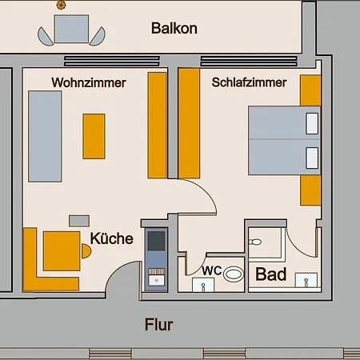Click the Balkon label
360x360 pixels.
[x=174, y=28]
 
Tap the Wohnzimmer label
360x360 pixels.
[x=89, y=82]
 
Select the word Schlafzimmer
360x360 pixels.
[x=249, y=82]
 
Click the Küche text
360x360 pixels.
[x=111, y=238]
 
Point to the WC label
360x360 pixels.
[x=212, y=270]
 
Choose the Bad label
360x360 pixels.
[x=271, y=274]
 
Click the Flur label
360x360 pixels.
[x=159, y=325]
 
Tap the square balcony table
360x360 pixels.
[x=71, y=29]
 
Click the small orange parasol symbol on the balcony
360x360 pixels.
[x=61, y=5]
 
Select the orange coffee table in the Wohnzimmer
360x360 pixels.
[x=94, y=136]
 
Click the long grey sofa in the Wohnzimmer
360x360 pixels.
[x=45, y=136]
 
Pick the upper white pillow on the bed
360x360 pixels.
[x=312, y=123]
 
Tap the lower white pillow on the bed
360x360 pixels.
[x=312, y=158]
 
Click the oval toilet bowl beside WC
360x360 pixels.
[x=234, y=274]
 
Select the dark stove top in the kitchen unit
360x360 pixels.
[x=156, y=241]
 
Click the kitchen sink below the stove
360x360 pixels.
[x=157, y=280]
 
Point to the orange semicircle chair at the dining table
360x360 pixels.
[x=86, y=251]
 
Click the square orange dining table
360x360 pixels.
[x=62, y=251]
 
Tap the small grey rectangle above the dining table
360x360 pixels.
[x=79, y=221]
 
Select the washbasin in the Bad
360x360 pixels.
[x=306, y=280]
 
